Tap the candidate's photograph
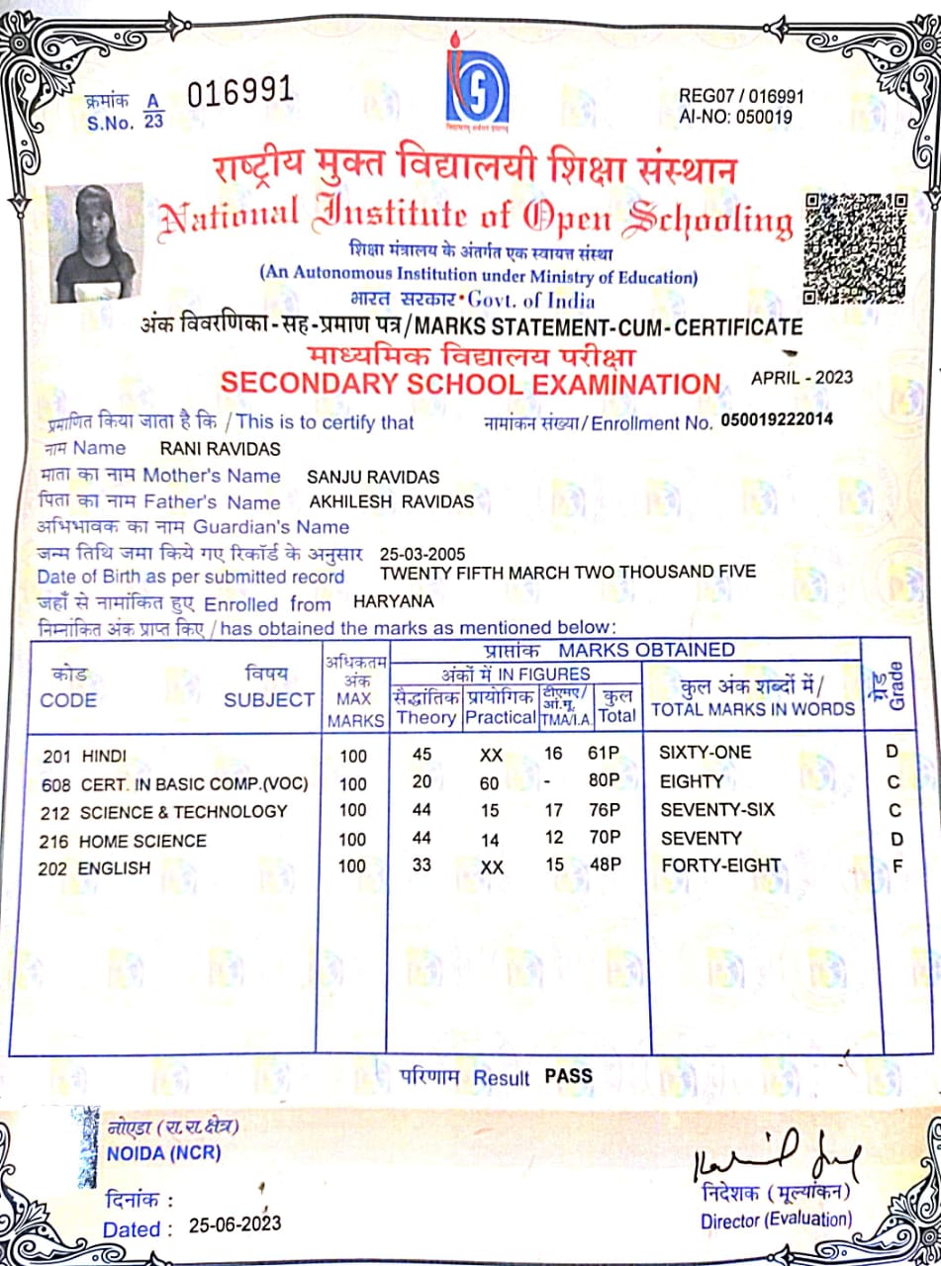(x=95, y=243)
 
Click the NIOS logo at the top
(x=477, y=88)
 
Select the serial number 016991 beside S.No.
(x=239, y=93)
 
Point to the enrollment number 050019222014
(x=777, y=419)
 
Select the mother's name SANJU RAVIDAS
(x=372, y=477)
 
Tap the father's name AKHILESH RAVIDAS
(x=391, y=502)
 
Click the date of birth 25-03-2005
(x=423, y=554)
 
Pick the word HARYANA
(x=393, y=601)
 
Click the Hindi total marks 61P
(x=603, y=754)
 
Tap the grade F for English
(x=896, y=867)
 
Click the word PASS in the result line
(x=569, y=1076)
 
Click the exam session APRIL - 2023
(x=801, y=378)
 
